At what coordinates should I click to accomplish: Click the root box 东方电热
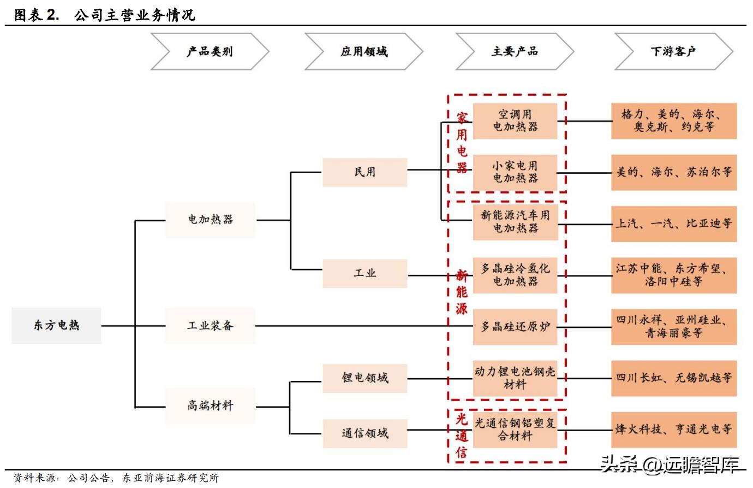click(56, 326)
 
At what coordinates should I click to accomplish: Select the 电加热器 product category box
click(210, 220)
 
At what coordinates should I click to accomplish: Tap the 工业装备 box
click(210, 326)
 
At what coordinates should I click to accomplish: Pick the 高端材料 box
click(210, 406)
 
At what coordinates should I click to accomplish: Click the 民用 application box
click(364, 172)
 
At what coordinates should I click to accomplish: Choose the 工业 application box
click(364, 273)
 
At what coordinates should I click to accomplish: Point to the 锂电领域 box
click(364, 378)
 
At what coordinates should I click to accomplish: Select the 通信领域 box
click(364, 433)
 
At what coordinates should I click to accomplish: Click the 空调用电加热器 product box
click(515, 121)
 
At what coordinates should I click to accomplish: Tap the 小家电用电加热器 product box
click(515, 172)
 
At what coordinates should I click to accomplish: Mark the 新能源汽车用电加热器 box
click(515, 222)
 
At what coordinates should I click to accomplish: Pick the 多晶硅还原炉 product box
click(515, 327)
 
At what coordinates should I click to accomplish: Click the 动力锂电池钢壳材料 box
click(515, 378)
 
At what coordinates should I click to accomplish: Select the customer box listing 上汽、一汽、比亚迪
click(674, 224)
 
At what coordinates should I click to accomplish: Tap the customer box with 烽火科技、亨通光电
click(674, 430)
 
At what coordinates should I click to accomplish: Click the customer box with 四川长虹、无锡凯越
click(674, 378)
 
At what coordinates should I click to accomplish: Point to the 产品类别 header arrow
click(210, 51)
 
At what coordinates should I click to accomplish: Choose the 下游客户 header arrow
click(673, 51)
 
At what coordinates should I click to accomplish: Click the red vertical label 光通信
click(462, 436)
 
